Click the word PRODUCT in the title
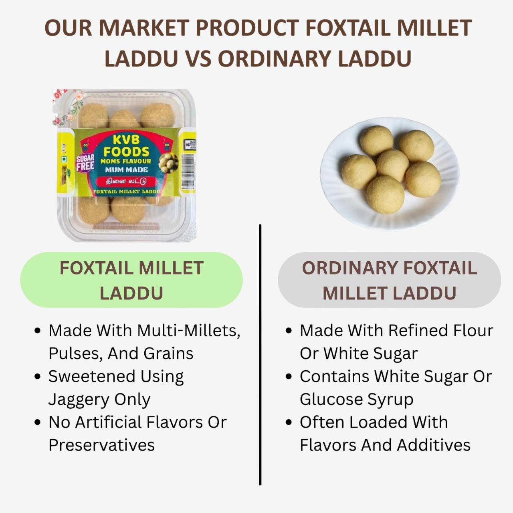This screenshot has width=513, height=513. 247,28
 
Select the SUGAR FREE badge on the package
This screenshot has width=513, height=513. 85,162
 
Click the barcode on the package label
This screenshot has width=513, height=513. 188,172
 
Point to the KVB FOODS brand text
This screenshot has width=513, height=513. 126,146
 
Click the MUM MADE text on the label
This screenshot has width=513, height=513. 126,170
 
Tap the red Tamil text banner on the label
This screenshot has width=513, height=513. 126,181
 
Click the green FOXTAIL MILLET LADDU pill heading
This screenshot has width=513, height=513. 131,280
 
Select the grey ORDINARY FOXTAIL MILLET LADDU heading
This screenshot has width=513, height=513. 389,280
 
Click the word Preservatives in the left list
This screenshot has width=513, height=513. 101,445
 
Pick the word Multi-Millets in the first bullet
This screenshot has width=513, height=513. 188,331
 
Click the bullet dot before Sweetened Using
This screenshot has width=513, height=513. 38,377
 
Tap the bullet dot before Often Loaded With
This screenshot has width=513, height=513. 289,422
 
